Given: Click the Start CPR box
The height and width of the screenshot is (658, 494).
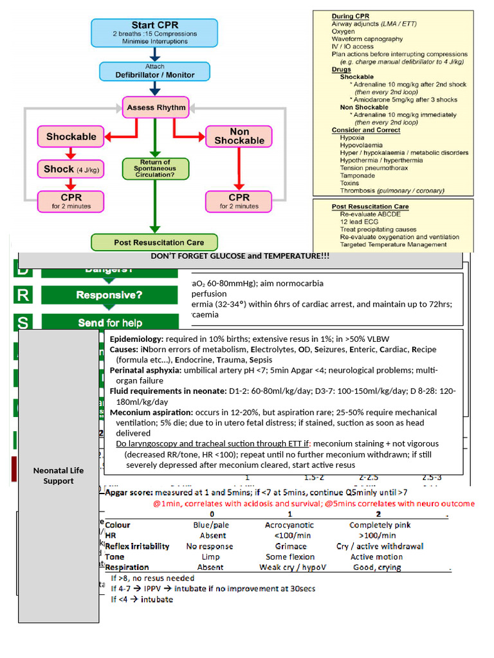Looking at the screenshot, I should point(154,33).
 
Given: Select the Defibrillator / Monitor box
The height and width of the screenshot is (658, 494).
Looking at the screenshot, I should point(154,71).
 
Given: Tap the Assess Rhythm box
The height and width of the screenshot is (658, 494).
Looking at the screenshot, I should point(156,107).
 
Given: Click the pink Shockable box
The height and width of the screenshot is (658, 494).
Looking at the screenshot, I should point(71,136).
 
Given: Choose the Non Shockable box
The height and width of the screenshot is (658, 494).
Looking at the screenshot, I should point(239,136).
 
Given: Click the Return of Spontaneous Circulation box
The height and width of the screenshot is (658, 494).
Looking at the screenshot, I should point(155,168).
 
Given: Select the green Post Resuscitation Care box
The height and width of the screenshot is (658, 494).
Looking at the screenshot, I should point(154,242).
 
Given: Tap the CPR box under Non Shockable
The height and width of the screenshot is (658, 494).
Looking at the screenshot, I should point(239,200).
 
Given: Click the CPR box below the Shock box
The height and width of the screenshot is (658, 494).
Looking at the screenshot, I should point(71,200).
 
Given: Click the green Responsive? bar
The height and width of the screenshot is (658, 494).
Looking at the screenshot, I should point(109,295).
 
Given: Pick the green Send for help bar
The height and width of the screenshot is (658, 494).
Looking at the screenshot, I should point(109,323).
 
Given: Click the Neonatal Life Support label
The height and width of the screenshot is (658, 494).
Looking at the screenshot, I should point(59,476).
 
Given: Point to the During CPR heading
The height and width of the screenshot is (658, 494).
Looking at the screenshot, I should point(351,15).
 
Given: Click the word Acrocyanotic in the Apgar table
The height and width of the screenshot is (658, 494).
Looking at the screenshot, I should point(289,525).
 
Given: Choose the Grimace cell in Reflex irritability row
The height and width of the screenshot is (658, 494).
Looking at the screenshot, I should point(290,546).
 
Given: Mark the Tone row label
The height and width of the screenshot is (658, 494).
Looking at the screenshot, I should point(115,556).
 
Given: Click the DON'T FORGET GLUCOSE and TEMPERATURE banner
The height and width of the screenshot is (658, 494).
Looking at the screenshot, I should point(240,256).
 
